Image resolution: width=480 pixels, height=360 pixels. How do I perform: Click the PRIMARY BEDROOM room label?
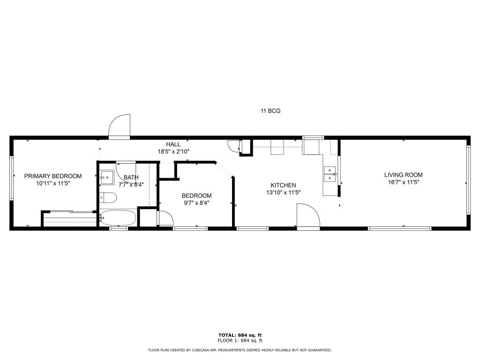[x=53, y=176]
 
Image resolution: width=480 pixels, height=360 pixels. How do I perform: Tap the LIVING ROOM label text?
[x=404, y=175]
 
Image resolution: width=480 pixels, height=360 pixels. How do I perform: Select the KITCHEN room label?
[x=283, y=185]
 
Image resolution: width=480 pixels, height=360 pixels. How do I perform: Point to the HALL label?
[x=173, y=144]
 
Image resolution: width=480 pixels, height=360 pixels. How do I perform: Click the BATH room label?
[x=131, y=178]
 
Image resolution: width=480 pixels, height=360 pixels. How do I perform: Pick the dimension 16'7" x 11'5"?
[x=404, y=182]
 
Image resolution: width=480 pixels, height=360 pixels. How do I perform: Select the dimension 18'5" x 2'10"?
[x=173, y=151]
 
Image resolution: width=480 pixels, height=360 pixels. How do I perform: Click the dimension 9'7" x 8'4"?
[x=196, y=203]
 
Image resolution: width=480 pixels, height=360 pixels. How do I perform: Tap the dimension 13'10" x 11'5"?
[x=283, y=193]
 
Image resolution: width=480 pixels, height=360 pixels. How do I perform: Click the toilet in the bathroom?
[x=108, y=198]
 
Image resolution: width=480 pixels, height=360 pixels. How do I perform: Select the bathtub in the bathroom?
[x=118, y=218]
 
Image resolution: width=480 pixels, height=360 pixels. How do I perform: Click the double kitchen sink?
[x=330, y=174]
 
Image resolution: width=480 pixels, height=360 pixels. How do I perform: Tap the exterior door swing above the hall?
[x=120, y=127]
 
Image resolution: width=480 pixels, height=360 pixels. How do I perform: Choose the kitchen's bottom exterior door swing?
[x=308, y=216]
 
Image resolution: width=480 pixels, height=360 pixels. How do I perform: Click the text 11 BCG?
[x=270, y=111]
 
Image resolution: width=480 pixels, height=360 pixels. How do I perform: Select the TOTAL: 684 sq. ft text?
[x=240, y=335]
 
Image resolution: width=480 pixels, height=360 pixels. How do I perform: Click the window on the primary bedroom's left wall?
[x=11, y=178]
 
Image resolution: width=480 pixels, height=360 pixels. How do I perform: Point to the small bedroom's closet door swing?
[x=165, y=218]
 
